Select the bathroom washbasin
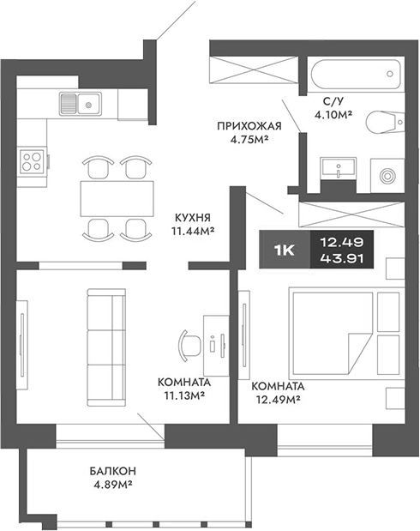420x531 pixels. [x=340, y=167]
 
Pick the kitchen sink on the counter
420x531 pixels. [x=80, y=104]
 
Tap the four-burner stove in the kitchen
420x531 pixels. [x=33, y=161]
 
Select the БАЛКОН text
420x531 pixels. [x=112, y=472]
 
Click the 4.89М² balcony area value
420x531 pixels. [x=112, y=486]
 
